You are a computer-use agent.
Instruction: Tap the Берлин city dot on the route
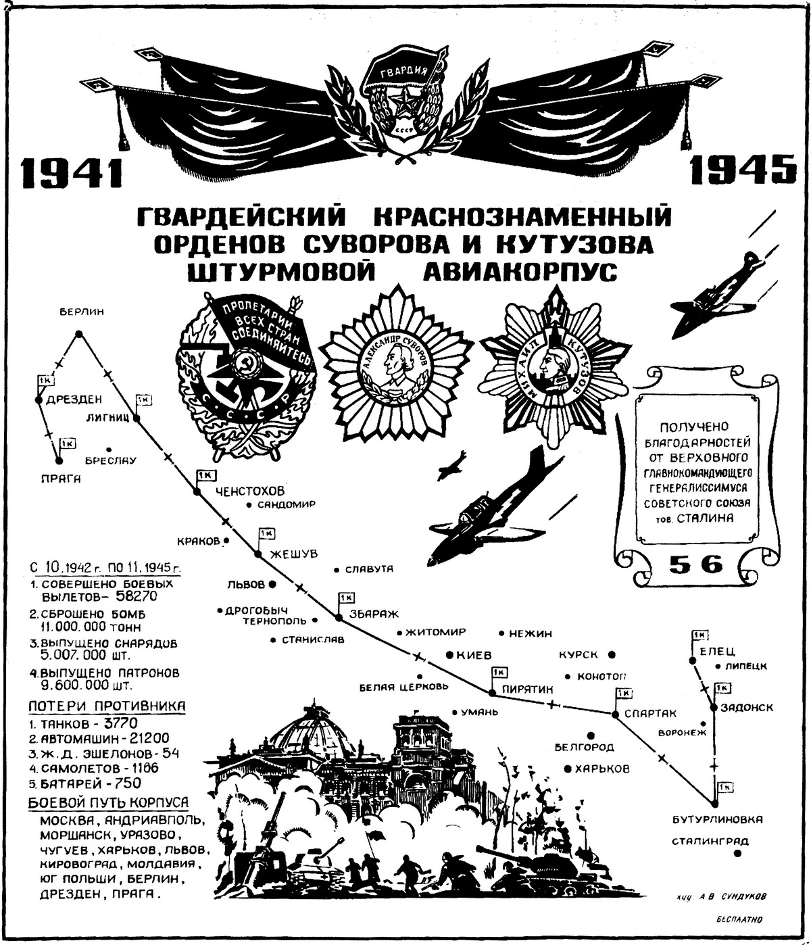coord(78,333)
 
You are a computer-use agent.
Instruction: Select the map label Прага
coord(59,479)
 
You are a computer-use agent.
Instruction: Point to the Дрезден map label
coord(74,399)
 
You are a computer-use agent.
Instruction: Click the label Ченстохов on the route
coord(249,491)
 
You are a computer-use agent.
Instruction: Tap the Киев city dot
coord(450,655)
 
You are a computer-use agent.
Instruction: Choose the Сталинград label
coord(710,842)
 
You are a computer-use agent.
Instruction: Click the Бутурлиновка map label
coord(718,819)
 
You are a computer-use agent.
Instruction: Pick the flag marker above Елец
coord(698,636)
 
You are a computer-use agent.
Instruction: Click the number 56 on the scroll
coord(696,564)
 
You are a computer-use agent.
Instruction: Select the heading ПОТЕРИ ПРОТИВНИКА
coord(107,706)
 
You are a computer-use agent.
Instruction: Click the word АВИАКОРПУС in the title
coord(520,272)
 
